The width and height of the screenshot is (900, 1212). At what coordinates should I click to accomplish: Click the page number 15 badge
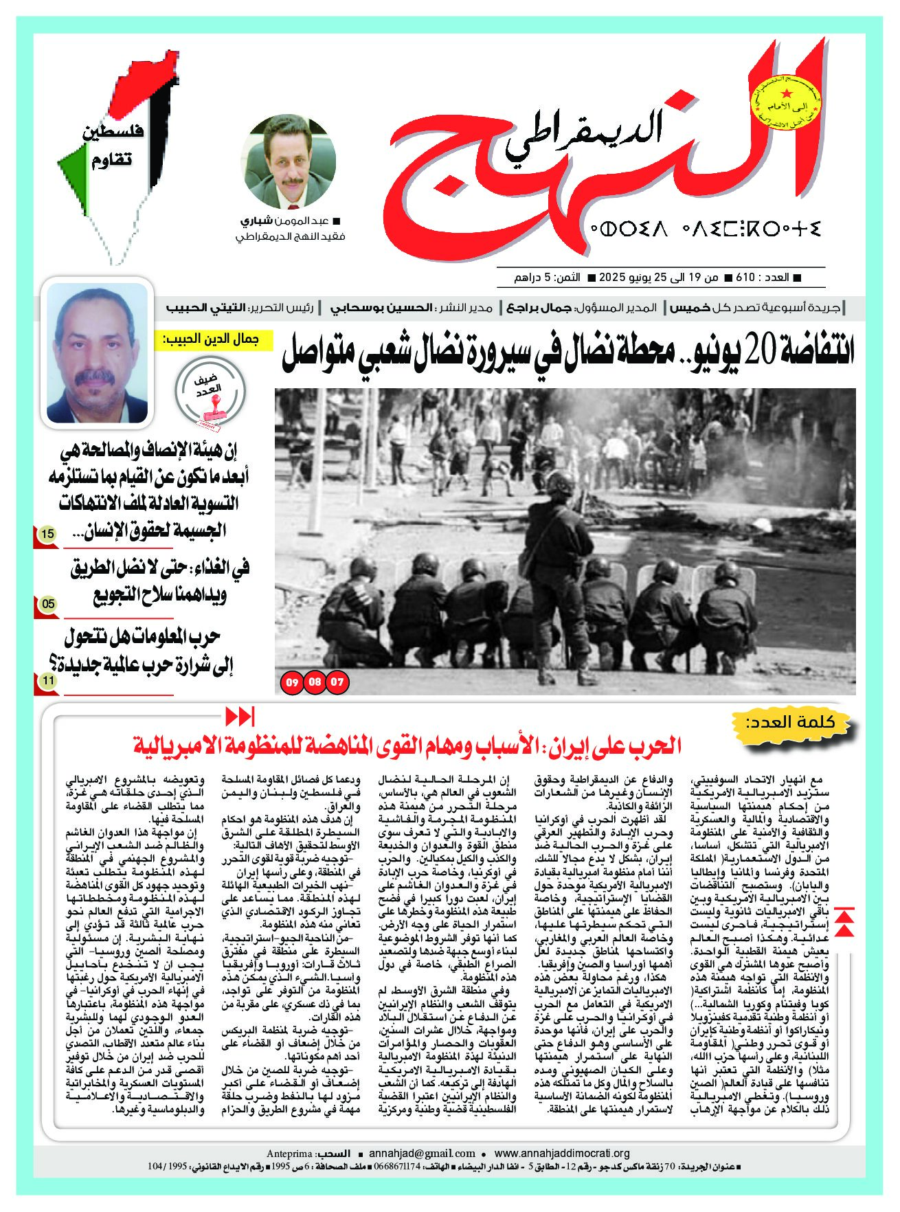coord(47,534)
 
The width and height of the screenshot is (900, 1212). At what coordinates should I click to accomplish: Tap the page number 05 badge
coord(48,605)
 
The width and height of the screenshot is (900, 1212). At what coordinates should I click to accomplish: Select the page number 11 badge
coord(48,681)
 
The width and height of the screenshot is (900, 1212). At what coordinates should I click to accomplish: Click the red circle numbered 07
coord(337,682)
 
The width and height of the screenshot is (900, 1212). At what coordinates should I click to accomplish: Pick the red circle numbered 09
coord(292,682)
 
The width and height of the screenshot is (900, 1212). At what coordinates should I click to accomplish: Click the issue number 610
coord(745,278)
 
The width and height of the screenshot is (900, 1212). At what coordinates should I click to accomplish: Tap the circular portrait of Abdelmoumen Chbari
coord(289,162)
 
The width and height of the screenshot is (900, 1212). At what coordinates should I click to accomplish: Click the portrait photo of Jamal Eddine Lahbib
coord(97,353)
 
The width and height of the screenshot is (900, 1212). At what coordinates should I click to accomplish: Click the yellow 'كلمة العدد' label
coord(798,723)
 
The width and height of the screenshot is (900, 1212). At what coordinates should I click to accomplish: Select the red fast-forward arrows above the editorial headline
coord(240,717)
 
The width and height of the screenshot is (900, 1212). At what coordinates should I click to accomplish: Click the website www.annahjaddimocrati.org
coord(561,1154)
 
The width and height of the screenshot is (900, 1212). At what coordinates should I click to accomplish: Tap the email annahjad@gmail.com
coord(422,1154)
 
